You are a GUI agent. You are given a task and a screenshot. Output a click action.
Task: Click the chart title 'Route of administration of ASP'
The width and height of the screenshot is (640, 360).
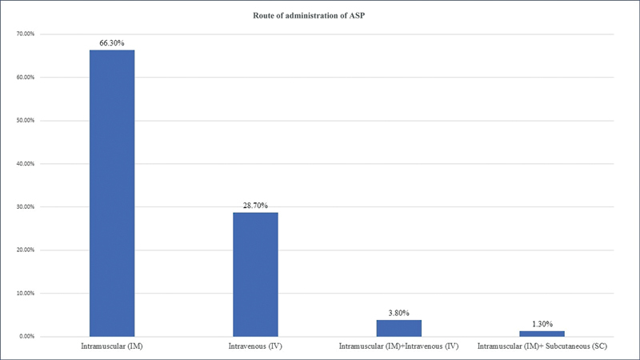pyautogui.click(x=309, y=16)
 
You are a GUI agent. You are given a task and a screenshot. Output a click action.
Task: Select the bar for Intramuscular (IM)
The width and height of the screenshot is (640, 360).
pyautogui.click(x=112, y=194)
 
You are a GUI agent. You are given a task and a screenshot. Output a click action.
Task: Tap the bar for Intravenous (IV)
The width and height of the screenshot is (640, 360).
pyautogui.click(x=255, y=274)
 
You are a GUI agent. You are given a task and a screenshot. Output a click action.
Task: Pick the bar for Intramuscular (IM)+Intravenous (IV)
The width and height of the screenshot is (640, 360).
pyautogui.click(x=399, y=329)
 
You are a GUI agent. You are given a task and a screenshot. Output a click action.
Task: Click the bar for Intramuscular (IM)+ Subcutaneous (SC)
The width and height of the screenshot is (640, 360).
pyautogui.click(x=542, y=334)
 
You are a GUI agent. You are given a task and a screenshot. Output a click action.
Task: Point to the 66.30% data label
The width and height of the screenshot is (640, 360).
pyautogui.click(x=112, y=43)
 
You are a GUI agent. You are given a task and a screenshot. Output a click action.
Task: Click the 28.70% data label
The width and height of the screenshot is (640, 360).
pyautogui.click(x=255, y=206)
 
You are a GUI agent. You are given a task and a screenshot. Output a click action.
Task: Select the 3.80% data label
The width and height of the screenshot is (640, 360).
pyautogui.click(x=398, y=313)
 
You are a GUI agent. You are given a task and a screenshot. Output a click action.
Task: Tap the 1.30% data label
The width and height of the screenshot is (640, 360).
pyautogui.click(x=542, y=324)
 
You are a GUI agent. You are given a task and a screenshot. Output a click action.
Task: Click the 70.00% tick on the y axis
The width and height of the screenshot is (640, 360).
pyautogui.click(x=26, y=34)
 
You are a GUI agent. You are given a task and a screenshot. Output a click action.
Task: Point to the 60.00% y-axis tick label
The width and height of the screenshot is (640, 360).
pyautogui.click(x=26, y=78)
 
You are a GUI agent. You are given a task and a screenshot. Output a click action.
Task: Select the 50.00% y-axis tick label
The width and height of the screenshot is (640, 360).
pyautogui.click(x=26, y=121)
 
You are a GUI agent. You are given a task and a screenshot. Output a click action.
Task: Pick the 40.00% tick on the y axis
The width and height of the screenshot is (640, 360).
pyautogui.click(x=26, y=164)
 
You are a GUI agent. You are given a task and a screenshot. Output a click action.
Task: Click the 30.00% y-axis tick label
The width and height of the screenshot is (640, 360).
pyautogui.click(x=26, y=207)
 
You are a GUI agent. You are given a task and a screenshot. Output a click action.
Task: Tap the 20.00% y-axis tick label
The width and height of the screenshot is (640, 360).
pyautogui.click(x=26, y=250)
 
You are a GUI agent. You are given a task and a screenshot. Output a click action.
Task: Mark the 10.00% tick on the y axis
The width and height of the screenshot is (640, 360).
pyautogui.click(x=26, y=294)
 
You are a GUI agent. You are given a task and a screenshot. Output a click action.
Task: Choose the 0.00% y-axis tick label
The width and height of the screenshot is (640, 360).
pyautogui.click(x=26, y=337)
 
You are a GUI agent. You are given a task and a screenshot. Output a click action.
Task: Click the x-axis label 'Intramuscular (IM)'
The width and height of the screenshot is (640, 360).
pyautogui.click(x=112, y=346)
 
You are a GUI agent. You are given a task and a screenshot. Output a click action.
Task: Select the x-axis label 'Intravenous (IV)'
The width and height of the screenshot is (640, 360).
pyautogui.click(x=255, y=346)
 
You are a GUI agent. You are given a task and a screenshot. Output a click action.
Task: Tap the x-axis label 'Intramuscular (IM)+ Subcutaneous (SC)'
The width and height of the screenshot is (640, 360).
pyautogui.click(x=542, y=346)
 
